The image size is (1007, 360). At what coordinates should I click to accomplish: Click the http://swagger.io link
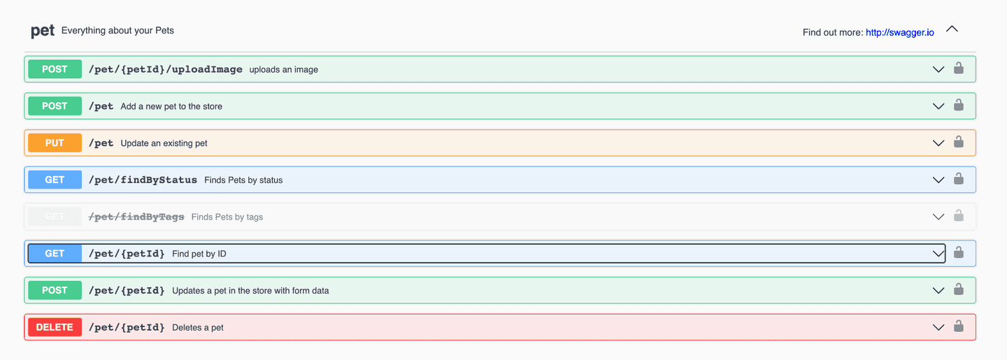pyautogui.click(x=899, y=32)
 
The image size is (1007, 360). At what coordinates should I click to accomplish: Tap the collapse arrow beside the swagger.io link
pyautogui.click(x=952, y=29)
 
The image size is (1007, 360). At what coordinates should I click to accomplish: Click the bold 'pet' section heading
pyautogui.click(x=43, y=31)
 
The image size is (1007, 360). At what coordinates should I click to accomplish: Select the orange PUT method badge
pyautogui.click(x=55, y=143)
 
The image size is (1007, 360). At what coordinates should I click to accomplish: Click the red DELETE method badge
pyautogui.click(x=55, y=327)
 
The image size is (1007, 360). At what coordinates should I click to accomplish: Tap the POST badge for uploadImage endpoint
pyautogui.click(x=55, y=69)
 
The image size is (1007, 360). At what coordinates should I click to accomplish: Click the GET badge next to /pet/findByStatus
pyautogui.click(x=55, y=180)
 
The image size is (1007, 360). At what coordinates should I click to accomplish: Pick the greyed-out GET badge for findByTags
pyautogui.click(x=55, y=217)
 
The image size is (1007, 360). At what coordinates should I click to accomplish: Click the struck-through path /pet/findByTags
pyautogui.click(x=136, y=217)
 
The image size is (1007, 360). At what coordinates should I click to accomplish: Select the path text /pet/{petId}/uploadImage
pyautogui.click(x=166, y=69)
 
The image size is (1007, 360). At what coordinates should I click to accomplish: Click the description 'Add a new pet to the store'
pyautogui.click(x=171, y=106)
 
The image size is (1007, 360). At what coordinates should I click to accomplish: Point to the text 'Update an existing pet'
pyautogui.click(x=164, y=143)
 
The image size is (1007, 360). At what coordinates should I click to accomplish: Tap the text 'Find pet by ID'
pyautogui.click(x=199, y=254)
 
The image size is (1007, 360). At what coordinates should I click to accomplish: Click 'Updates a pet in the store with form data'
pyautogui.click(x=250, y=291)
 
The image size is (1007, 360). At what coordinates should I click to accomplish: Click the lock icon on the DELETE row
pyautogui.click(x=959, y=326)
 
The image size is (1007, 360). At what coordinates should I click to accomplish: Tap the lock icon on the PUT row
pyautogui.click(x=959, y=142)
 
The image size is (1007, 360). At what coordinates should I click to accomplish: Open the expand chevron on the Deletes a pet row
pyautogui.click(x=938, y=328)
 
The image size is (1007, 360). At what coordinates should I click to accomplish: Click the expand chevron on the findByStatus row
pyautogui.click(x=938, y=180)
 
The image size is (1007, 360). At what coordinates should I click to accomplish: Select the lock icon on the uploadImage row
pyautogui.click(x=959, y=68)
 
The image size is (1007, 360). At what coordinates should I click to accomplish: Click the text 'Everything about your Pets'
pyautogui.click(x=117, y=31)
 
